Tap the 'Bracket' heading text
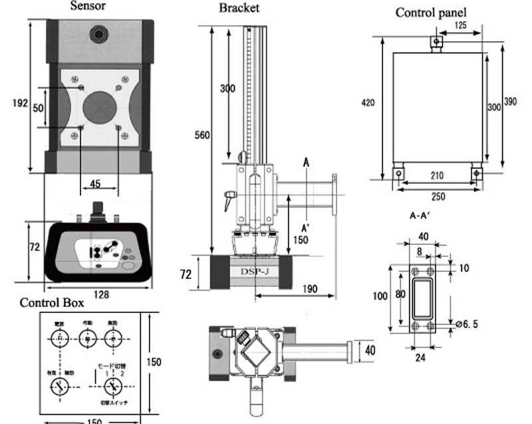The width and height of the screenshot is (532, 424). [x=239, y=8]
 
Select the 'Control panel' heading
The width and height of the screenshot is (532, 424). [x=431, y=13]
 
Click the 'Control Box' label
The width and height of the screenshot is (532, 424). [x=52, y=303]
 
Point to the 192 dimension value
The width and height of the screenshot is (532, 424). [x=21, y=103]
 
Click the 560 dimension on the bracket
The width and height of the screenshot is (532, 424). [x=202, y=135]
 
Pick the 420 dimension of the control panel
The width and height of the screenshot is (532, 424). [x=368, y=103]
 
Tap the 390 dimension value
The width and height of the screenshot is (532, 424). [x=510, y=101]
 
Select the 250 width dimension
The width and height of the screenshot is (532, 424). [x=438, y=196]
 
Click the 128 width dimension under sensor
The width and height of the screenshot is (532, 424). [x=101, y=294]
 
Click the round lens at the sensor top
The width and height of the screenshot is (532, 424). [x=100, y=32]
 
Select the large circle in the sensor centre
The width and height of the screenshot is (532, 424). [x=100, y=106]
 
